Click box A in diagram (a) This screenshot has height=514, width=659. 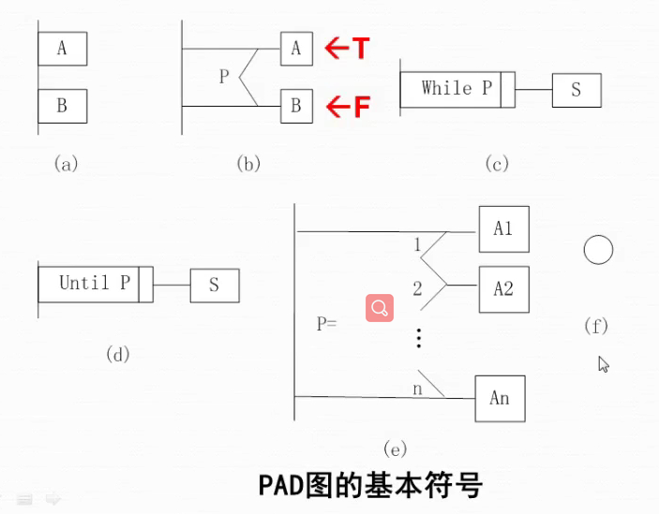click(63, 49)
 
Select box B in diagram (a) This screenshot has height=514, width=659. click(63, 106)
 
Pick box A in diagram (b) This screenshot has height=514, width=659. click(296, 49)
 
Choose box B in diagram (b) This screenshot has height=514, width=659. click(296, 107)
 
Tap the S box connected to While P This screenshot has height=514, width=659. click(576, 90)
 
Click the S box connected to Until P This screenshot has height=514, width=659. click(214, 285)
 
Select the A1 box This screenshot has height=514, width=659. click(503, 229)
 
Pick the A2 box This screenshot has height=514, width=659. click(503, 288)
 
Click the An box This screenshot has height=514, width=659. click(500, 398)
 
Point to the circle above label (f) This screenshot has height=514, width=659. click(598, 250)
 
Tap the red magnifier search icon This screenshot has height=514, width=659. click(380, 308)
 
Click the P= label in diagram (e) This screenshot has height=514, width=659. click(326, 324)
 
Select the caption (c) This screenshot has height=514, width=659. click(496, 164)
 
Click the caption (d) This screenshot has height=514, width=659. click(117, 354)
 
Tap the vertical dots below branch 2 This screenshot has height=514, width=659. click(419, 338)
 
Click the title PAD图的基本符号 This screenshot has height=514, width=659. click(370, 486)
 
